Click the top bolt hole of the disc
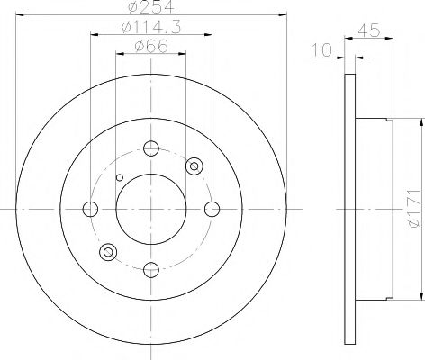coord(151,148)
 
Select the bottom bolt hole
coord(151,267)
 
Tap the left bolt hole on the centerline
coord(90,209)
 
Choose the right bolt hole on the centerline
coord(212,209)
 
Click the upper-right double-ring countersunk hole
coord(194,166)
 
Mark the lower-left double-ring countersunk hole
coord(109,252)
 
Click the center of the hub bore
coord(151,209)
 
